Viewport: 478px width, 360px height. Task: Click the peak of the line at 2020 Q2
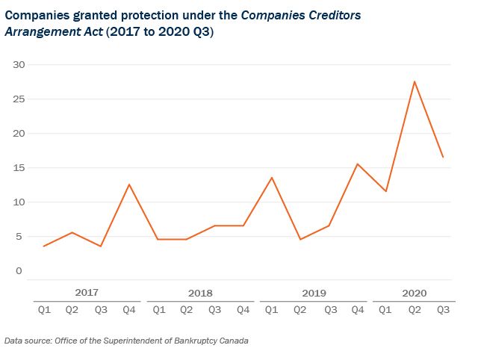415,81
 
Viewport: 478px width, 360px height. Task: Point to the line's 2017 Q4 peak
129,184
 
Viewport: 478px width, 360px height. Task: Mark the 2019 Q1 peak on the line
272,178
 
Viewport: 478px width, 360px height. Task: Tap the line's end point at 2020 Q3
443,157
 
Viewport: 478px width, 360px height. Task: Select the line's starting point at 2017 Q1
43,246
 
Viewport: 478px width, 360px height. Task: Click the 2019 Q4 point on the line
357,164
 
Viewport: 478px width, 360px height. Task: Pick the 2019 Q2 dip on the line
300,239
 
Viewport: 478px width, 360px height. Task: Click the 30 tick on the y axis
19,65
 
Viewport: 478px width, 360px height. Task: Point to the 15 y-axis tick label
19,168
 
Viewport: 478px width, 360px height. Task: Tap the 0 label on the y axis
19,271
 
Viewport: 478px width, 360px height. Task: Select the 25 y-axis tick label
19,99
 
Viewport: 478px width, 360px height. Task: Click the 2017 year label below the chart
87,293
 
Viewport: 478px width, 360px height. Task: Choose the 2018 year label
200,293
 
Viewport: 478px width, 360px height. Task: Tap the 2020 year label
414,293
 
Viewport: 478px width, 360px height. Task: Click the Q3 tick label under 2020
443,310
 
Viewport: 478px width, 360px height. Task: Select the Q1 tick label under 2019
272,310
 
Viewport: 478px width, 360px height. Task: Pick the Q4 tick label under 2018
243,310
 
